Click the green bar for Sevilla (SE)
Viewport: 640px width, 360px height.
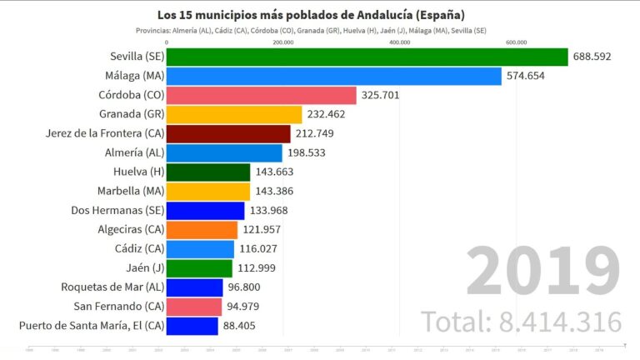click(367, 57)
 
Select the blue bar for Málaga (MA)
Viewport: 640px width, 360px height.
click(333, 76)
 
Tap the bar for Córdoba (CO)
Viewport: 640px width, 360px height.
click(261, 95)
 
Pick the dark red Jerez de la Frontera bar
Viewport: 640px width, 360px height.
click(228, 133)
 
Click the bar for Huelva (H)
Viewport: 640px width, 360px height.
click(208, 172)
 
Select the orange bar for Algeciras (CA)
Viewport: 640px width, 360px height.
click(202, 229)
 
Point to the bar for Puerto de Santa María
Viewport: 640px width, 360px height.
click(192, 326)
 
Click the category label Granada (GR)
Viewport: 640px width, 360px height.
click(131, 114)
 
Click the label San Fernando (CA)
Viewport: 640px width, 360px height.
click(117, 307)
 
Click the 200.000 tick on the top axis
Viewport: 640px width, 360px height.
click(283, 42)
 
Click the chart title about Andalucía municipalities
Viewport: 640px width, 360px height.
click(311, 15)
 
